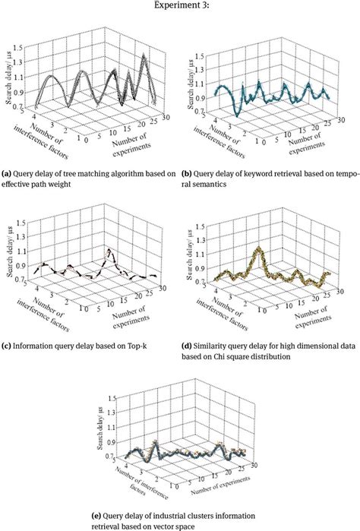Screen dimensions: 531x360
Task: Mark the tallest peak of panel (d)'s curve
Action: click(261, 248)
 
